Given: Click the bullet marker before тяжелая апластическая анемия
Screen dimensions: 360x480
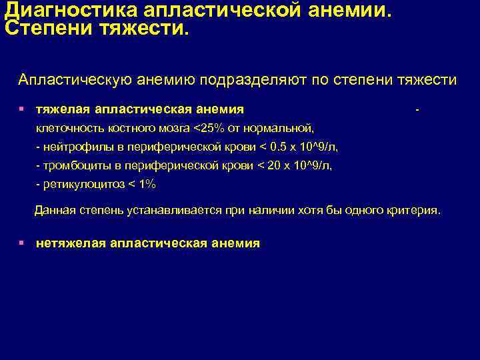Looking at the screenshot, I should pos(22,109).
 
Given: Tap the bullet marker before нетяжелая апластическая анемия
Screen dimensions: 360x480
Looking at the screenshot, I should pos(22,243).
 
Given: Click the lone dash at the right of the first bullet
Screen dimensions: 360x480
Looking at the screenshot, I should pos(417,109).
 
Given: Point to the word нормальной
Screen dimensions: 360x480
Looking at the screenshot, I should pos(281,127).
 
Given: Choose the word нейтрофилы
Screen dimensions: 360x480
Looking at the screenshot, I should pos(74,146).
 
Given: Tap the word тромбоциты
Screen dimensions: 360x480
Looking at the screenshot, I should pos(73,165).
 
